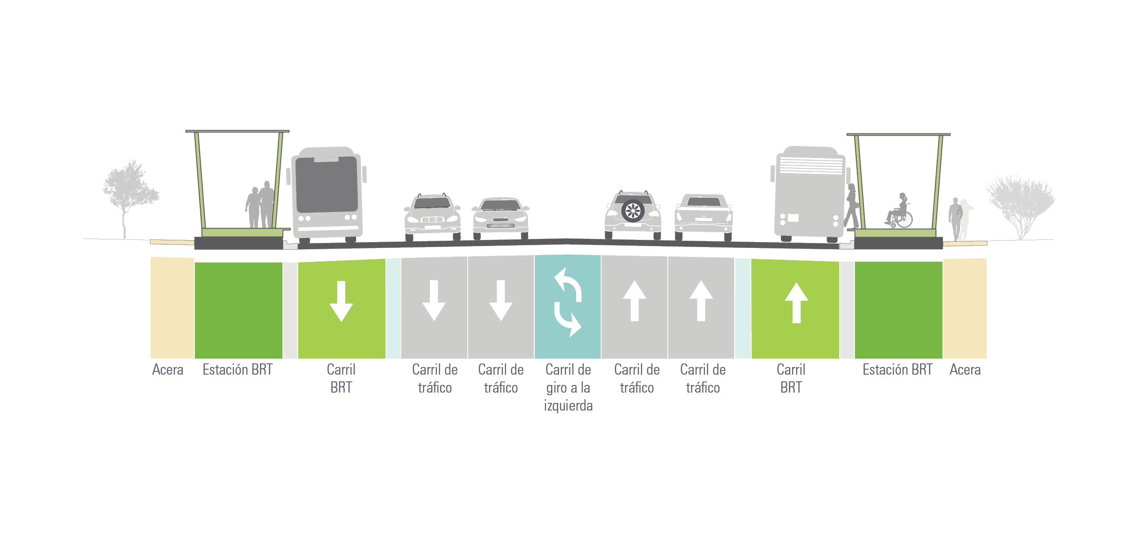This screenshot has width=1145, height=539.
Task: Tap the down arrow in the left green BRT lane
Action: pos(341,301)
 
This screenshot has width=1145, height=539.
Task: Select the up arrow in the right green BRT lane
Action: pos(796,303)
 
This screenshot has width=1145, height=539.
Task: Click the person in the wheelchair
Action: pos(899,211)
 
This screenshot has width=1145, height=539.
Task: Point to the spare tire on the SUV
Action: pos(633,210)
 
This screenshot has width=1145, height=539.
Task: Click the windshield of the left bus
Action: pos(327,184)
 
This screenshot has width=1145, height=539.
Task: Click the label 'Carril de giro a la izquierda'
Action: pos(568,387)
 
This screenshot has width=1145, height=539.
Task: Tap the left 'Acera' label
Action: pos(167,370)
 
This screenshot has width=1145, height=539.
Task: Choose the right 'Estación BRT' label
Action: pos(897,370)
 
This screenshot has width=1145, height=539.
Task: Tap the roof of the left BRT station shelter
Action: pos(238,131)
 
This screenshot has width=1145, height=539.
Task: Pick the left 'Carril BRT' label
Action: pos(341,379)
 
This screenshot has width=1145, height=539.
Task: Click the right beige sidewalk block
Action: pos(965,308)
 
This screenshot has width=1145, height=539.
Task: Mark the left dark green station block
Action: pos(238,310)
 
